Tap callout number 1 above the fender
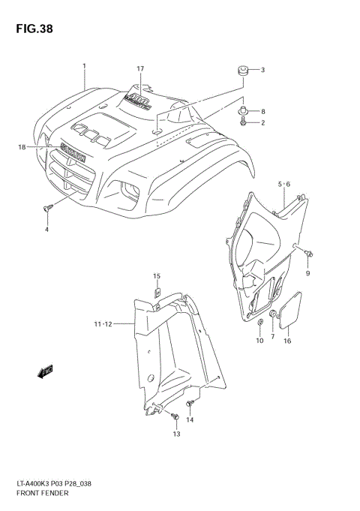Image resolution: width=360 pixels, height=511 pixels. [85, 66]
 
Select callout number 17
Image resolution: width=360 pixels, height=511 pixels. [140, 69]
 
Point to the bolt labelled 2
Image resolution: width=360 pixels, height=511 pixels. [245, 122]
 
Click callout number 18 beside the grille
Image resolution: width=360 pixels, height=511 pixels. [22, 147]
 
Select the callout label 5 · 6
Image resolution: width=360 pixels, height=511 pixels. [283, 184]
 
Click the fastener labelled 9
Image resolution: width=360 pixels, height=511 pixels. [308, 256]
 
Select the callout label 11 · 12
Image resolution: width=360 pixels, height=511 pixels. [104, 323]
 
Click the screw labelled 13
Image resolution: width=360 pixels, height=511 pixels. [174, 414]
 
